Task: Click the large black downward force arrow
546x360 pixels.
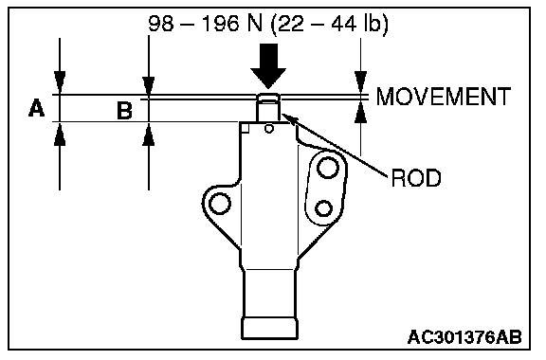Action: [268, 66]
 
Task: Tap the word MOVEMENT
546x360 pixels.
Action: [444, 97]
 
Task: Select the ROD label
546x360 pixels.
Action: [416, 178]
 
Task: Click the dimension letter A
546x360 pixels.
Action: [37, 108]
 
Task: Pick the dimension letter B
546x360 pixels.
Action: [125, 110]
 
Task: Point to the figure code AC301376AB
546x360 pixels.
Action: [464, 337]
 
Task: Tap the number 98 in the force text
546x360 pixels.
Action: [161, 24]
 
